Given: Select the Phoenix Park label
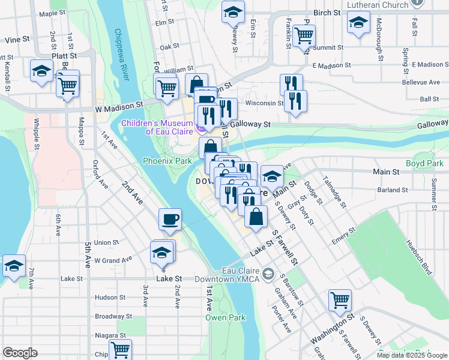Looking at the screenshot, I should [x=167, y=161].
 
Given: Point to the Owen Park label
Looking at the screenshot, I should [x=225, y=317].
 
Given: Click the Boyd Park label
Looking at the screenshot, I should [x=424, y=163].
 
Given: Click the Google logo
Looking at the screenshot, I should [x=20, y=353].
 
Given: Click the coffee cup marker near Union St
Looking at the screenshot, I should [x=170, y=220].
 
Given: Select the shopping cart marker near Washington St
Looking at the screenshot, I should [x=340, y=300].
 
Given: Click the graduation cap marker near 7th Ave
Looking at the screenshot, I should [x=14, y=266].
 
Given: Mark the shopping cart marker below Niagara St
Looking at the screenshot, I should [x=120, y=349].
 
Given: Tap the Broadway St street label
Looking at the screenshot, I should [x=113, y=316].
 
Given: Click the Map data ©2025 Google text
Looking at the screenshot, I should [x=411, y=355].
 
